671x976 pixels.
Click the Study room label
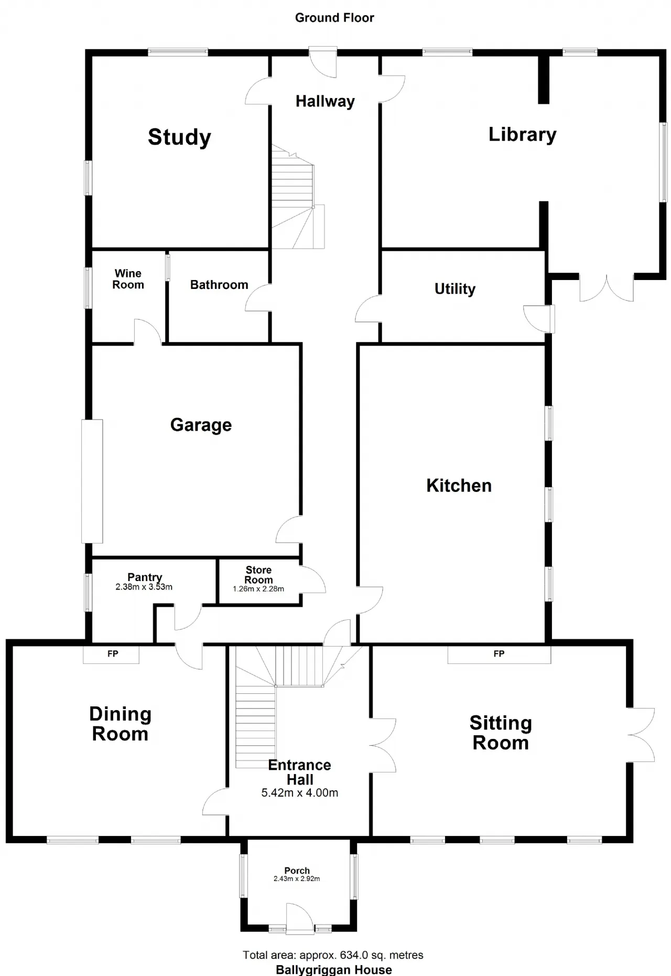[179, 137]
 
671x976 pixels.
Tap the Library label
[522, 134]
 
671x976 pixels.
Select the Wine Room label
[128, 279]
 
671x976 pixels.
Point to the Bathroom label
[219, 285]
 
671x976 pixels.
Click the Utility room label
[455, 289]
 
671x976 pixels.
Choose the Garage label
[201, 425]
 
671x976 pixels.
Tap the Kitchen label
[459, 486]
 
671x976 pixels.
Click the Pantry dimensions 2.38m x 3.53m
[144, 587]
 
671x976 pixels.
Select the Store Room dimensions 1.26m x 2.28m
[258, 589]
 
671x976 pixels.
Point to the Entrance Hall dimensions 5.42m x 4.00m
[300, 793]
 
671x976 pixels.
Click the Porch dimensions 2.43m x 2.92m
[297, 878]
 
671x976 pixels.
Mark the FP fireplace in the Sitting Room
[499, 655]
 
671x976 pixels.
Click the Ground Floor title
[334, 18]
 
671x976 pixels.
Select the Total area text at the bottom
[333, 955]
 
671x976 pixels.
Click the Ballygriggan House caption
[334, 970]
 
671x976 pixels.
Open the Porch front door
[300, 918]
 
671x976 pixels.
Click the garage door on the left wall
[92, 481]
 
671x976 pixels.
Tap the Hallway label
[325, 101]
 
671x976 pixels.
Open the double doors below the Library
[607, 287]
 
